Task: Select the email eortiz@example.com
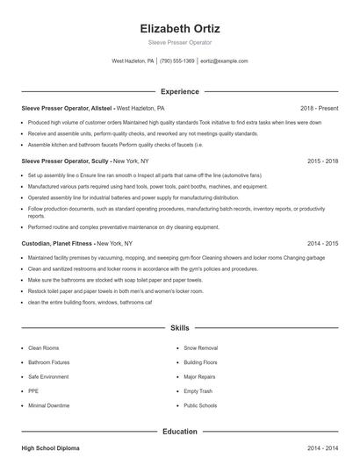(x=224, y=61)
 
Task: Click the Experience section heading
(x=179, y=91)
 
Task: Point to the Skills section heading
(x=179, y=327)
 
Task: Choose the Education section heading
(x=179, y=431)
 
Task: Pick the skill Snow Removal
(x=201, y=347)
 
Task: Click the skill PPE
(x=34, y=391)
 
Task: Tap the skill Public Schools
(x=201, y=406)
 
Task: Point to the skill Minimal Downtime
(x=49, y=406)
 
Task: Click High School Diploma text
(x=51, y=448)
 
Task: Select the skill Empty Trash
(x=198, y=391)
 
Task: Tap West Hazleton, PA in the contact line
(x=133, y=61)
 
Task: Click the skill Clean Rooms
(x=44, y=347)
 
